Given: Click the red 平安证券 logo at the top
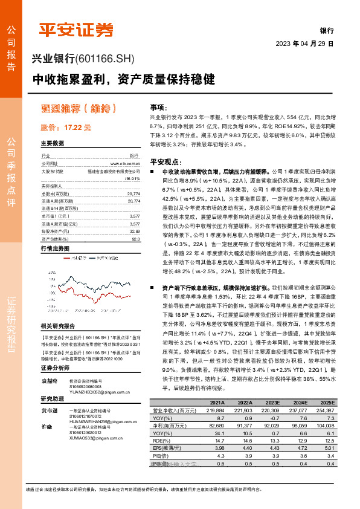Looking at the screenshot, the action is click(76, 30).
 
